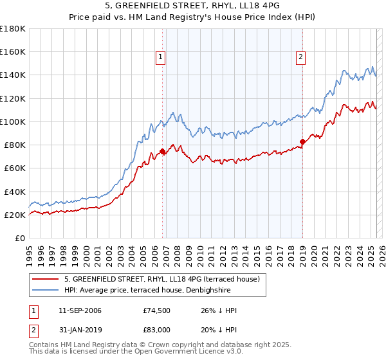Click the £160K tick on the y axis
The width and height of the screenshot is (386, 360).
coord(13,51)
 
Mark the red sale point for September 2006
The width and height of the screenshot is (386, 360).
coord(162,152)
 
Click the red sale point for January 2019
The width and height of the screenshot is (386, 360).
coord(302,141)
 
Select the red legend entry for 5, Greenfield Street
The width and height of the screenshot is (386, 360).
coord(161,279)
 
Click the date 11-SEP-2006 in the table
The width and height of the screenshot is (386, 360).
coord(80,311)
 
